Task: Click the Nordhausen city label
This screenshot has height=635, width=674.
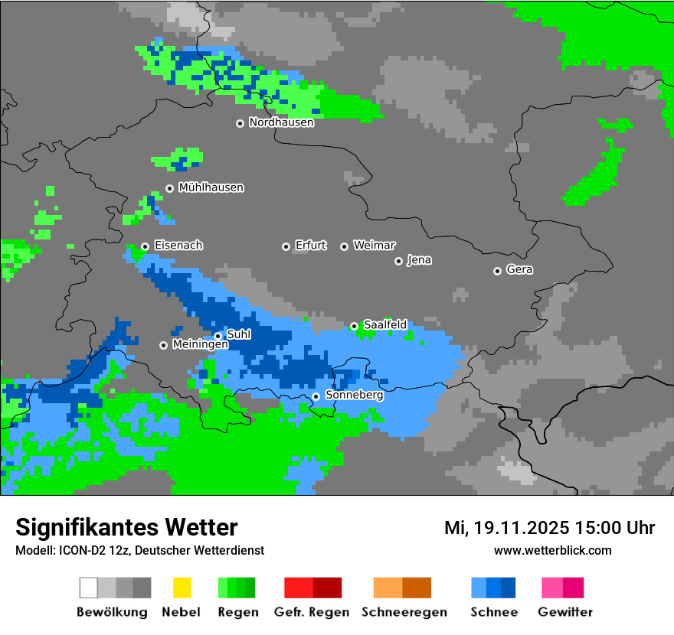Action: click(x=281, y=122)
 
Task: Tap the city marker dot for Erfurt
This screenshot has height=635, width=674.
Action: click(x=286, y=246)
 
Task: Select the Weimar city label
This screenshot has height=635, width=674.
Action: click(x=374, y=246)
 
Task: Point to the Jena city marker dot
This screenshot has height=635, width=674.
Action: click(x=398, y=261)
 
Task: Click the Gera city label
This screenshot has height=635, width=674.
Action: click(x=519, y=270)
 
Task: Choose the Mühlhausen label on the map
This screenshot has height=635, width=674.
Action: click(x=211, y=187)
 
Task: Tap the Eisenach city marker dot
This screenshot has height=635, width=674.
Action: click(x=145, y=246)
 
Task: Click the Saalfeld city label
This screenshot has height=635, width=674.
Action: click(x=384, y=325)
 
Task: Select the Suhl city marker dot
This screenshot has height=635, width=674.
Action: click(x=218, y=336)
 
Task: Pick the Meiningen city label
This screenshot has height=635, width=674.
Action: click(x=200, y=345)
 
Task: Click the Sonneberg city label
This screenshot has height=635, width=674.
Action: click(x=354, y=396)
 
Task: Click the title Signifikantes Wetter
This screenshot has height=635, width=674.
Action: click(x=126, y=527)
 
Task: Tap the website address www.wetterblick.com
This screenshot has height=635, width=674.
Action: click(x=552, y=550)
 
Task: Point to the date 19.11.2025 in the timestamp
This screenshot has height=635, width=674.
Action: click(x=520, y=528)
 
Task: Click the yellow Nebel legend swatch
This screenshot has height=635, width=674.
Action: click(x=182, y=588)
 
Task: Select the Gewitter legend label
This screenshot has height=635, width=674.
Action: click(x=564, y=612)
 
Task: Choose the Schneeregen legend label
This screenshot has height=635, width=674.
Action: click(x=404, y=612)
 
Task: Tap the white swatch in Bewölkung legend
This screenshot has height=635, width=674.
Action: click(x=89, y=588)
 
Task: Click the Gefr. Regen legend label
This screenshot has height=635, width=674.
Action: click(x=311, y=612)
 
